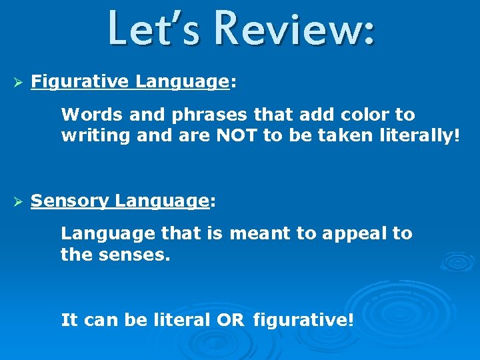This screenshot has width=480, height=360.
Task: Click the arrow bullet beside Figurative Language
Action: [x=19, y=82]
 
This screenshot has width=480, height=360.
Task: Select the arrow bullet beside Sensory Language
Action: [x=19, y=201]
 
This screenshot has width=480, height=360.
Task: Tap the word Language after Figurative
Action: [x=182, y=82]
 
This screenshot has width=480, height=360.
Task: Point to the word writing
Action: [x=93, y=137]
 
